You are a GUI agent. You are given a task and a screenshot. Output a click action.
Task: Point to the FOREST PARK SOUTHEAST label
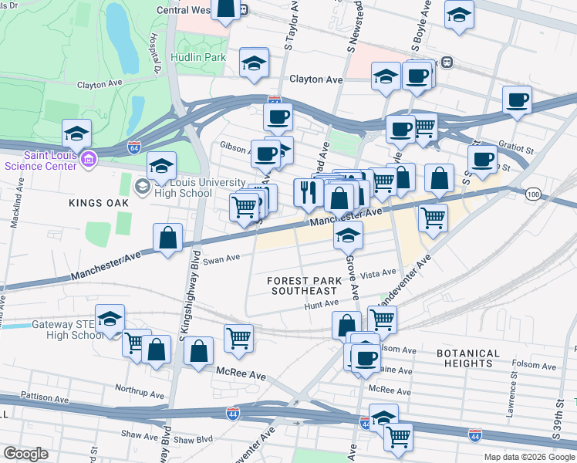coord(302,286)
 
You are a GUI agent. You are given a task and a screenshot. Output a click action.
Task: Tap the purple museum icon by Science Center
coord(89,160)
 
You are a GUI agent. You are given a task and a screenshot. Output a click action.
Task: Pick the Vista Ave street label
coord(378,272)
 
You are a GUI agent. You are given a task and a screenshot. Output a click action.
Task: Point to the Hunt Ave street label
coord(322,305)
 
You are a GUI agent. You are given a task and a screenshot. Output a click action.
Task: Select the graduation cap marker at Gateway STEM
coord(110,319)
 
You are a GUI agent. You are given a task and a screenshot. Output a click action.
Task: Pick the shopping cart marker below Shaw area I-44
coord(398,437)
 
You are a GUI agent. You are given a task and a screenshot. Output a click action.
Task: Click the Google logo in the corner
coord(26,454)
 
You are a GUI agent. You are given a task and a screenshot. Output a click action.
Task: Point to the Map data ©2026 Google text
coord(529,457)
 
